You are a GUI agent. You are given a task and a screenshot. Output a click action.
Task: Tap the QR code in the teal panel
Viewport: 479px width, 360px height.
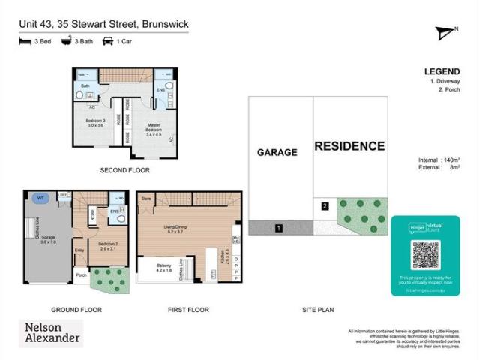pos(424,255)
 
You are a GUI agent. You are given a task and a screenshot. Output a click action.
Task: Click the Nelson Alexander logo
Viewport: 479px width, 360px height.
pos(50,332)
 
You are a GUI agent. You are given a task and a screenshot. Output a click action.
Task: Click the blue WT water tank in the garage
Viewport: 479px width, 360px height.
pos(39,198)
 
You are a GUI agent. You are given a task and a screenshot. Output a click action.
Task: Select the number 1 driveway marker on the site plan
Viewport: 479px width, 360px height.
pos(278,227)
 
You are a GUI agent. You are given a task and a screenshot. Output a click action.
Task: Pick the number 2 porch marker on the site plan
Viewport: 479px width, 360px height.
pos(325,205)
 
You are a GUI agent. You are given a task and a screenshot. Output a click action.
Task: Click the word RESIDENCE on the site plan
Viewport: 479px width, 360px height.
pos(349,146)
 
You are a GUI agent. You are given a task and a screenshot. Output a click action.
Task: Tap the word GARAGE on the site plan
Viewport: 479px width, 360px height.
pos(277,152)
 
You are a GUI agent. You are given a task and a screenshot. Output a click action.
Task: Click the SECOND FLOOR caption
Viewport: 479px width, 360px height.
pos(124,171)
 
